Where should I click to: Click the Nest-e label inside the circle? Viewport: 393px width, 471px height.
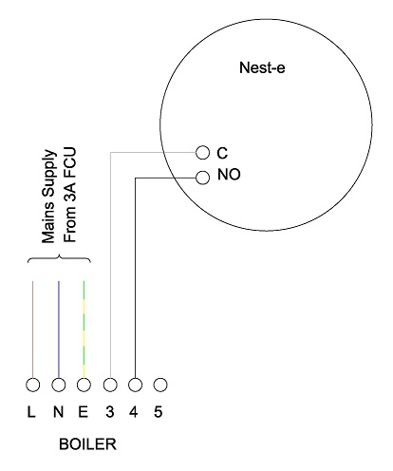[x=262, y=67]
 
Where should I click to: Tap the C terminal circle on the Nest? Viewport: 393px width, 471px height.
[x=202, y=153]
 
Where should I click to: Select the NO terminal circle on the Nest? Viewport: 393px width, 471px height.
[x=202, y=178]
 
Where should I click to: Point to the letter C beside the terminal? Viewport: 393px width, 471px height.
[x=222, y=153]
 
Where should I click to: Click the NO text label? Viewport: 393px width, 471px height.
[x=229, y=175]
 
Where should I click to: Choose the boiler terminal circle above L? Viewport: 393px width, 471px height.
[x=32, y=385]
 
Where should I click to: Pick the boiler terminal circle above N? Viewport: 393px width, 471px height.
[x=59, y=385]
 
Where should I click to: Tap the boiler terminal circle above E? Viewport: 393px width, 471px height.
[x=84, y=385]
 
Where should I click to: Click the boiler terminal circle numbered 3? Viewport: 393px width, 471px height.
[x=110, y=385]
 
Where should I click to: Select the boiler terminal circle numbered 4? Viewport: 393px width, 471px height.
[x=135, y=385]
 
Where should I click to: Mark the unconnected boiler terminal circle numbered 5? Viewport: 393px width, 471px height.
[x=160, y=385]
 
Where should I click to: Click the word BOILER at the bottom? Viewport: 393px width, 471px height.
[x=87, y=444]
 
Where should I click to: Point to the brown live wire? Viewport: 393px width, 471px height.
[x=32, y=330]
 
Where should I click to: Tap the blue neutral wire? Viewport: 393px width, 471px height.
[x=59, y=330]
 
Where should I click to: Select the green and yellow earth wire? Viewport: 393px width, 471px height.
[x=84, y=330]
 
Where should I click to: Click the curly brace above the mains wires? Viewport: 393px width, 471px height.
[x=59, y=255]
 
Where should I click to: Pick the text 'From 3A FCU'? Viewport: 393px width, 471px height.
[x=70, y=195]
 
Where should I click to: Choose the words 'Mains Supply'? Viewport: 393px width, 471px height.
[x=49, y=197]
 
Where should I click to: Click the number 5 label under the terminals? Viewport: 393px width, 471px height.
[x=159, y=412]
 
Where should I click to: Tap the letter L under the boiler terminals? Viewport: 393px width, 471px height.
[x=31, y=412]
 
